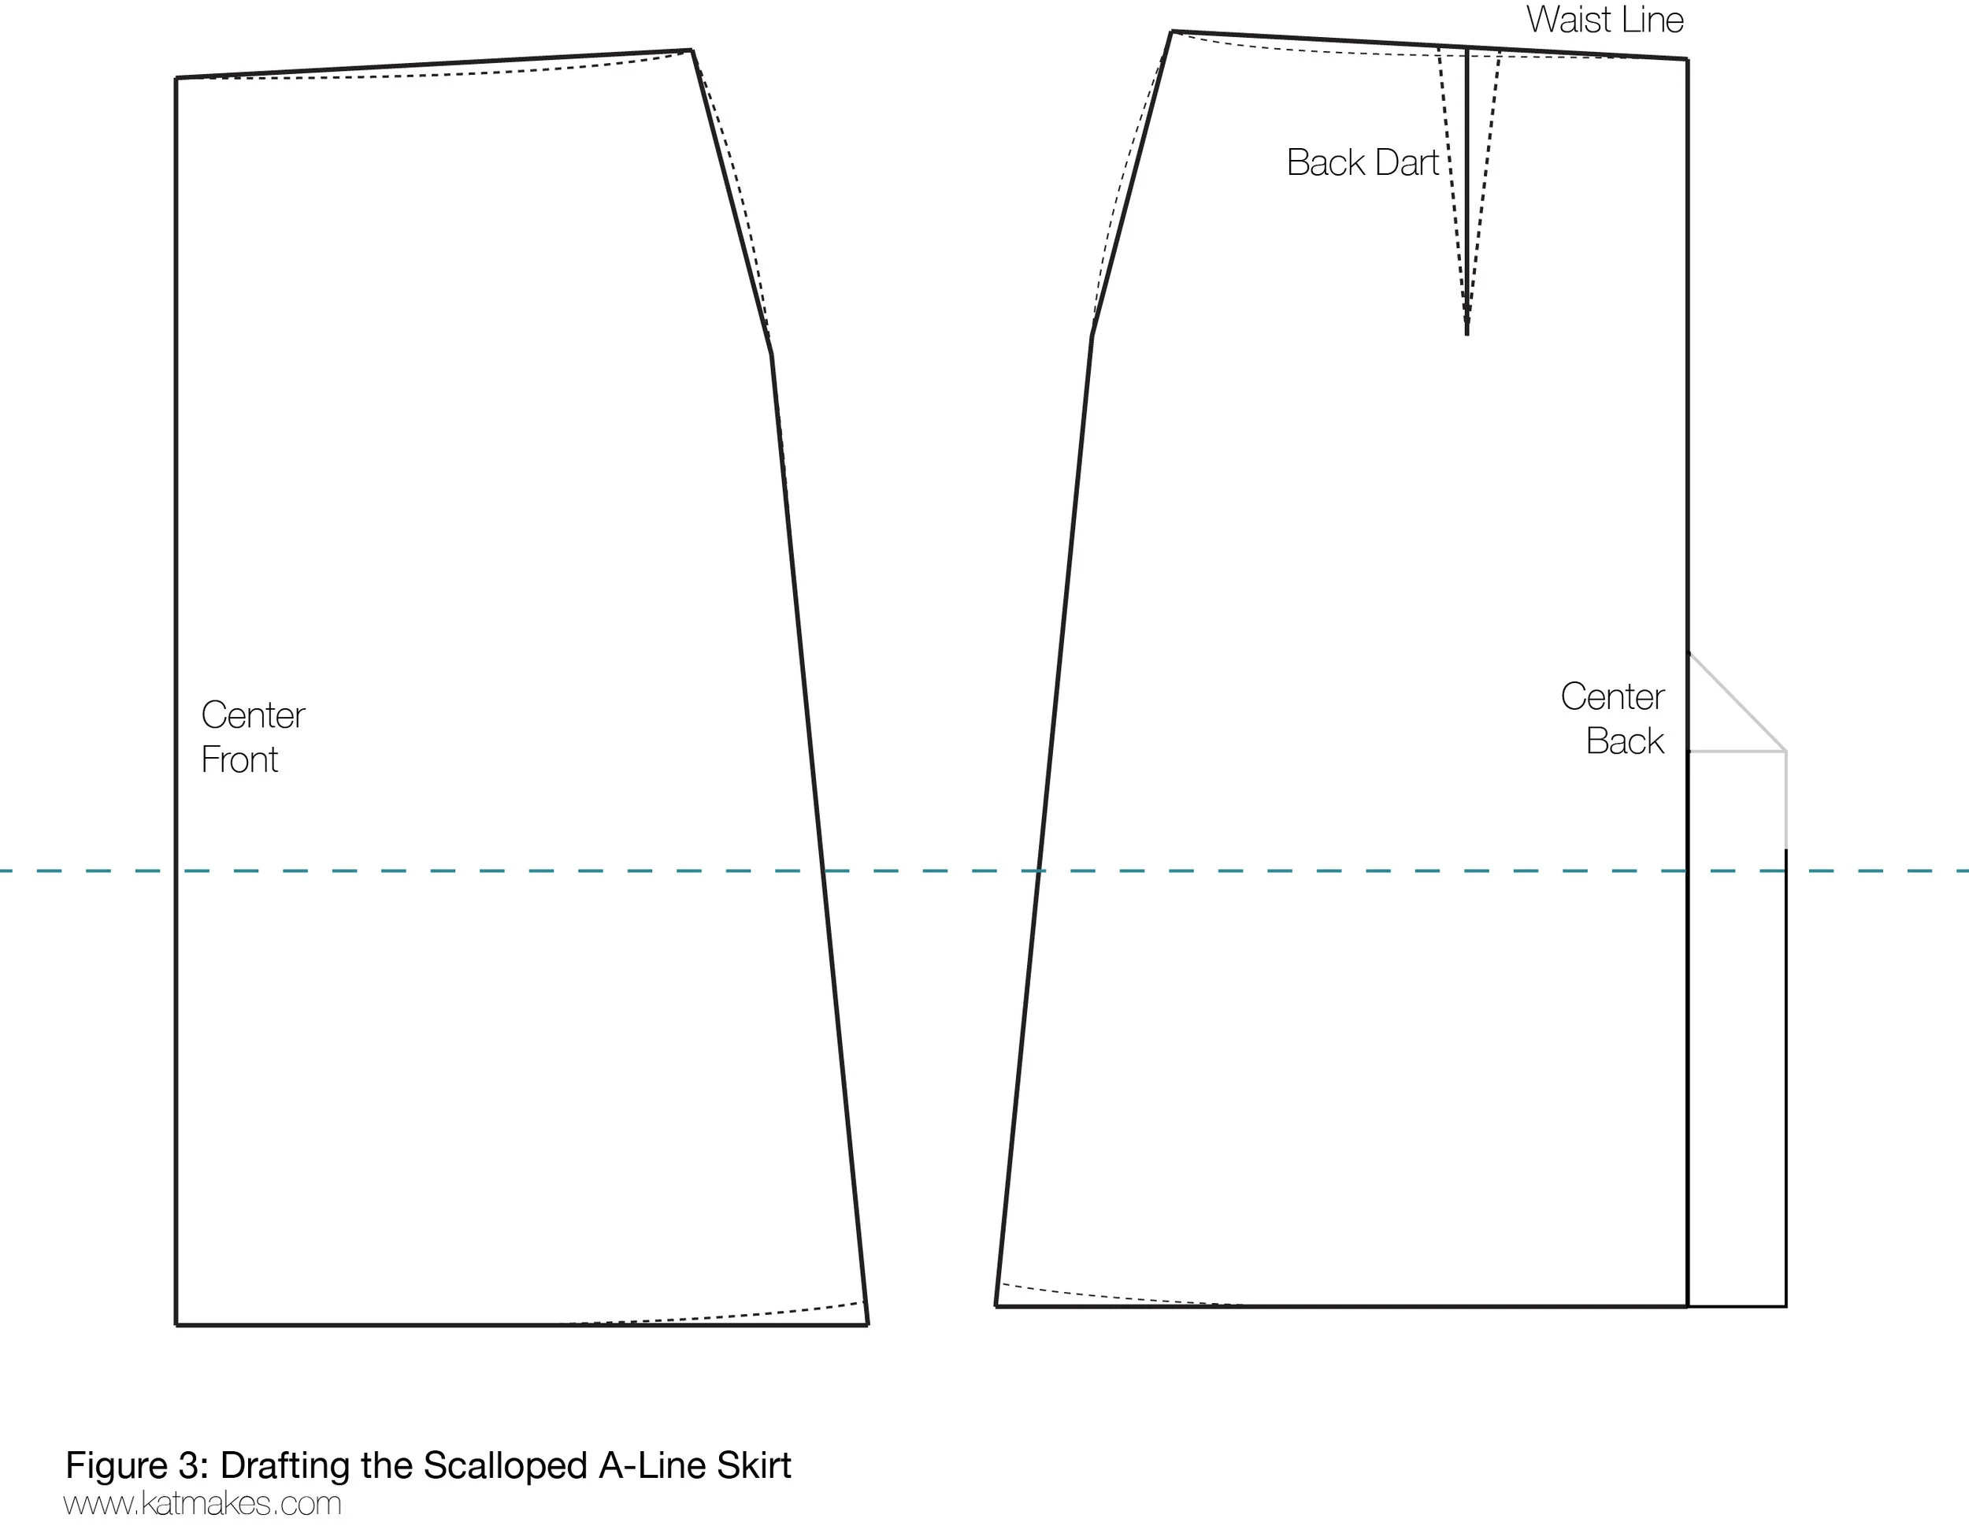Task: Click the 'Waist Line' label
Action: point(1604,20)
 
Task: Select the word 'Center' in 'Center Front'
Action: point(253,716)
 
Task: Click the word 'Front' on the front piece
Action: point(239,760)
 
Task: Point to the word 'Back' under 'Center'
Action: point(1625,741)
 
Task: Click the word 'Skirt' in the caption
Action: point(754,1465)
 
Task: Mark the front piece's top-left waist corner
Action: point(176,79)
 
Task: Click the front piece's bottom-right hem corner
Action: point(867,1324)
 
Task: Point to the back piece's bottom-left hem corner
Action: point(996,1305)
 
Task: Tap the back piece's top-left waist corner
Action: point(1171,32)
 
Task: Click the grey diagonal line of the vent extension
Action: point(1737,702)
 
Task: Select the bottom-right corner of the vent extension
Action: point(1785,1305)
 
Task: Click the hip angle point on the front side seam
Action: point(771,354)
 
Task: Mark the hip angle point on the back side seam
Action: point(1092,336)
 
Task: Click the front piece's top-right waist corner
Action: point(692,50)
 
